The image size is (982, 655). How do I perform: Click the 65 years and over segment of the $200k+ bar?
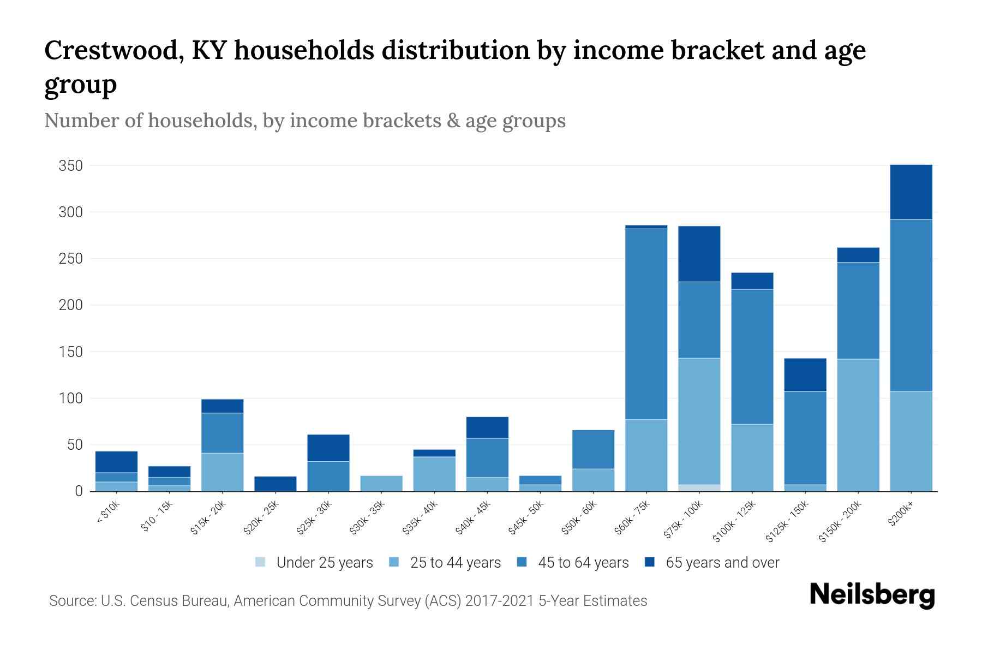point(911,192)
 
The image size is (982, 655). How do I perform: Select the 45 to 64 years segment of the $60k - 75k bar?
point(646,324)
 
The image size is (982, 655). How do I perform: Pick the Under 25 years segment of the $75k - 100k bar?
point(699,487)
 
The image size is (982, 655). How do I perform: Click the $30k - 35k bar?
point(381,484)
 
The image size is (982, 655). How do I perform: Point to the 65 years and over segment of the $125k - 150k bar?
point(805,375)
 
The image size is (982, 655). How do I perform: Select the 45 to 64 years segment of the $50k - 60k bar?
point(593,449)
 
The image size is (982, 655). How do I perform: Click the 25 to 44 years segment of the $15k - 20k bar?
point(222,472)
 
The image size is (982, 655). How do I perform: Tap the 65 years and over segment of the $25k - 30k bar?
point(328,448)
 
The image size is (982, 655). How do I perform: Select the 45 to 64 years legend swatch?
point(522,562)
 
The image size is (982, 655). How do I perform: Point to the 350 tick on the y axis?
point(70,166)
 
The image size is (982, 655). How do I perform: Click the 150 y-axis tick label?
point(70,352)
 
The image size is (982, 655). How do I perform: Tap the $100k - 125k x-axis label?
point(734,521)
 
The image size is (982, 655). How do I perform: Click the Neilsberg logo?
point(872,595)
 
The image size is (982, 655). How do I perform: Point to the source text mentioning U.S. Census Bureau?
point(348,601)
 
